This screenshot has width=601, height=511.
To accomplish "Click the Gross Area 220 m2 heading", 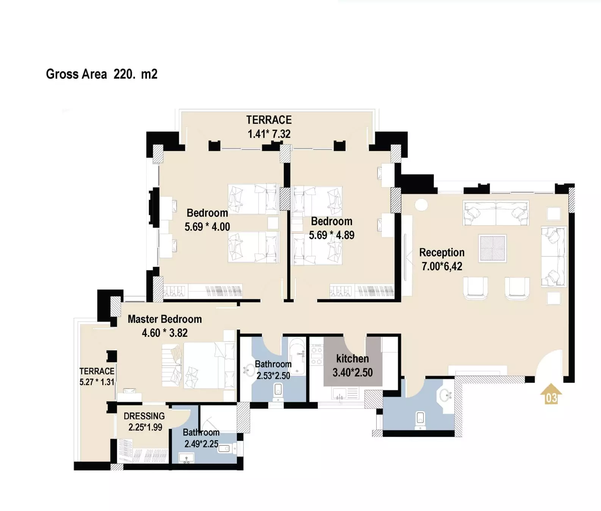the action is [102, 74].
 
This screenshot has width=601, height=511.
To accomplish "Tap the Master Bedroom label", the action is [164, 319].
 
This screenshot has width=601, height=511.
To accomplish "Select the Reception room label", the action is [441, 252].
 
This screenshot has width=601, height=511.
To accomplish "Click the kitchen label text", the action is [352, 358].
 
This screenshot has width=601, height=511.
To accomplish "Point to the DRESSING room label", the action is [144, 416].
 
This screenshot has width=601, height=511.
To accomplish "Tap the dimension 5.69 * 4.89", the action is [332, 235].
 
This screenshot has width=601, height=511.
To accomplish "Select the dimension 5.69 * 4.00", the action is [207, 227].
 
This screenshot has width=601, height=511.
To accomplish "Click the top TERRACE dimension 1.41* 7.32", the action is [269, 134].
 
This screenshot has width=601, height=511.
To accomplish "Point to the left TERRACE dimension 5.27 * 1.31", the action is [97, 382].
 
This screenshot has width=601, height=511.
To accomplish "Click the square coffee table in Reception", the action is [493, 248].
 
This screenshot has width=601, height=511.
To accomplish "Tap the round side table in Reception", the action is [421, 205].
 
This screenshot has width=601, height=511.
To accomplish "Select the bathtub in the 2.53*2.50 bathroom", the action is [297, 356].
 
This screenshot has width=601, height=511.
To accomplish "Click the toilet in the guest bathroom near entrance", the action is [420, 419].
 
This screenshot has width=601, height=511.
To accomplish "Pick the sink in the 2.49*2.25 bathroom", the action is [186, 458].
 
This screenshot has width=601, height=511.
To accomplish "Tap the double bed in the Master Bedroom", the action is [198, 365].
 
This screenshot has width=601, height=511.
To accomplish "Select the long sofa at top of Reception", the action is [496, 213].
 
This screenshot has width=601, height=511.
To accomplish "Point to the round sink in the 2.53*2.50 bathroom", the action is [250, 370].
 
